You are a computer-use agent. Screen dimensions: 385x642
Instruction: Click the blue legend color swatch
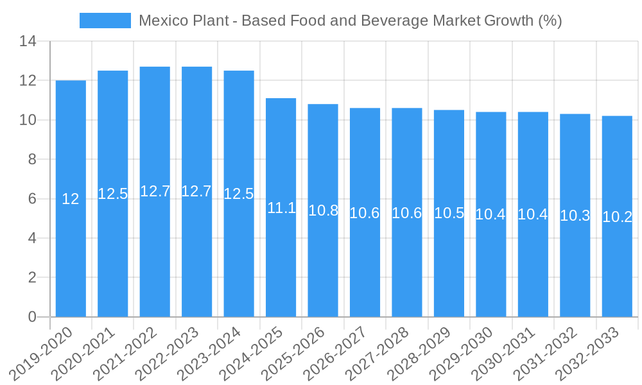[105, 21]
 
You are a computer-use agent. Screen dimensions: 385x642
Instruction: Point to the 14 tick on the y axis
[28, 42]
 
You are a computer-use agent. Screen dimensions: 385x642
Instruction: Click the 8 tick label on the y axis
[32, 160]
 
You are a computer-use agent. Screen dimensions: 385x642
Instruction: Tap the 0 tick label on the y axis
[32, 317]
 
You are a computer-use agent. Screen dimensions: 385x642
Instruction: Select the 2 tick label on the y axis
[32, 278]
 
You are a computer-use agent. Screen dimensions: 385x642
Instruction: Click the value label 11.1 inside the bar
[281, 208]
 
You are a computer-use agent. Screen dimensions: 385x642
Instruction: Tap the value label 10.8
[323, 210]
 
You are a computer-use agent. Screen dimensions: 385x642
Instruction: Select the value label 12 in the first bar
[71, 200]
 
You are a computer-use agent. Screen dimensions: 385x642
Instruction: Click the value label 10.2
[617, 217]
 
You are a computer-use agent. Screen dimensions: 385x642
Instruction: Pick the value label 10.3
[575, 216]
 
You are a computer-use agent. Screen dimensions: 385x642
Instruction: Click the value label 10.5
[449, 214]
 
